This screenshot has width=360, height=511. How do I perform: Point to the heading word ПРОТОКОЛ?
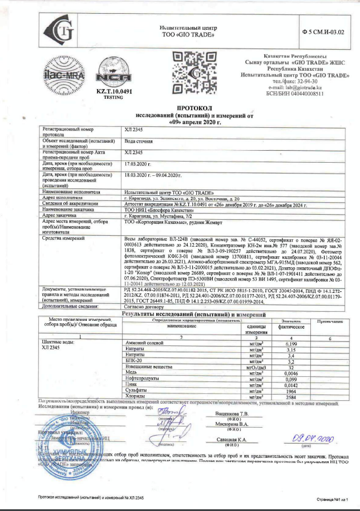point(195,107)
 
